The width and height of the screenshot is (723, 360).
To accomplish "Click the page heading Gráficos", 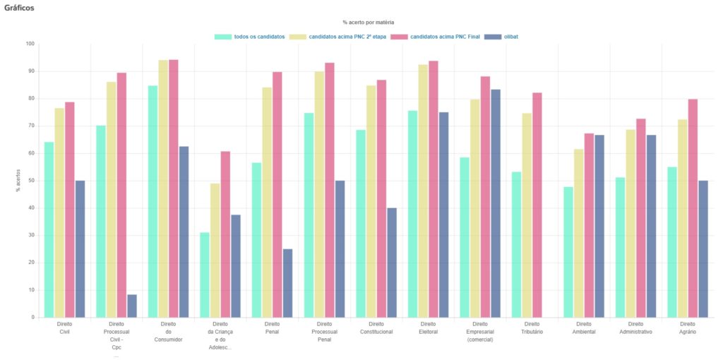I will [19, 7].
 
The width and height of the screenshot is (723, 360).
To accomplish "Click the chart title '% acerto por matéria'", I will [368, 23].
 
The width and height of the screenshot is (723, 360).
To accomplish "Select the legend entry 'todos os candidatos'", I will [250, 36].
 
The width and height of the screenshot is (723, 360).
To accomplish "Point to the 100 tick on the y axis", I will [30, 44].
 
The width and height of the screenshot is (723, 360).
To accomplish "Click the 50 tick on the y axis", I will [31, 181].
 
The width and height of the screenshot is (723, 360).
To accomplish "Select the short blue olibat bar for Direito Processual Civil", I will [132, 306].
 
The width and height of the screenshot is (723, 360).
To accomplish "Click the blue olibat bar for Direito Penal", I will [287, 283].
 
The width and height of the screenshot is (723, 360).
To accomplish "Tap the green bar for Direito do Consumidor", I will [153, 201].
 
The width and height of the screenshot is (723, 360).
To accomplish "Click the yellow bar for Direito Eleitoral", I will [423, 191].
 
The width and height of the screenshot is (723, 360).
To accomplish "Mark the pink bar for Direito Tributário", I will [537, 205].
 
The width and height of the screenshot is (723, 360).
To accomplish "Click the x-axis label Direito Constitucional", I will [376, 328].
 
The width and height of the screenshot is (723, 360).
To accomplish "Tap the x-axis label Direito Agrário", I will [687, 328].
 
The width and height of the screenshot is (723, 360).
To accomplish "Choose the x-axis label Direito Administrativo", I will [635, 328].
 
